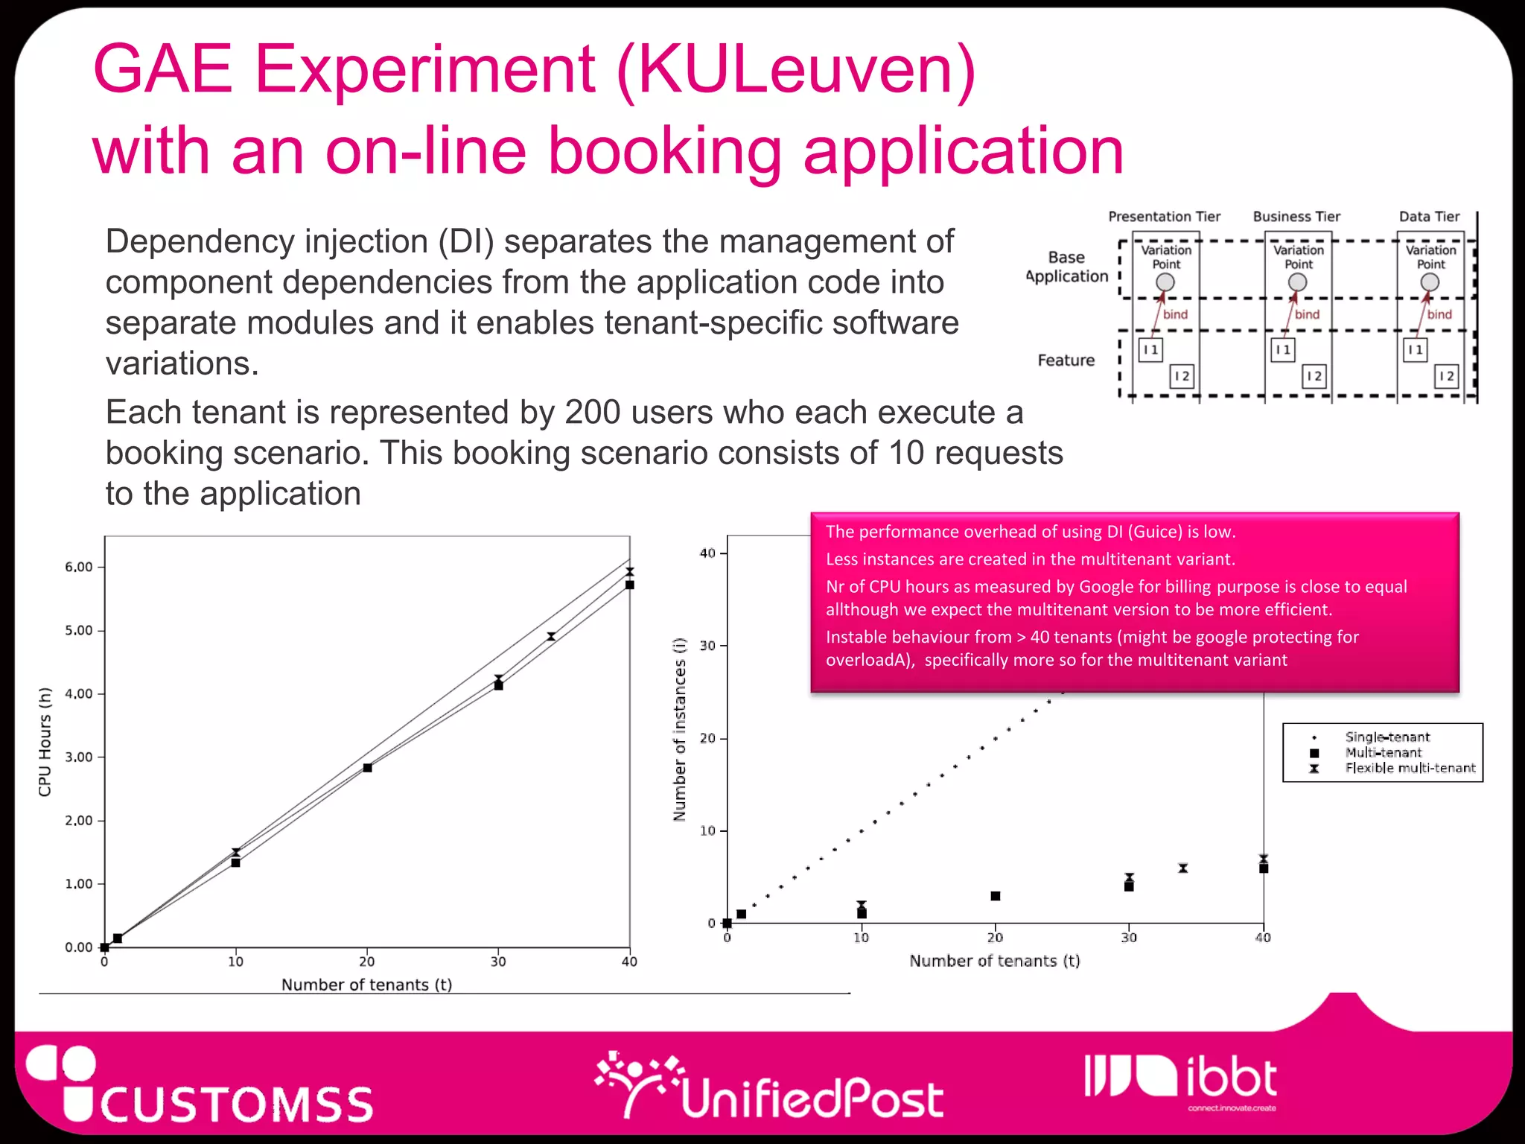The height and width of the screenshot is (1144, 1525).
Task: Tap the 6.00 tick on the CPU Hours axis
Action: (79, 567)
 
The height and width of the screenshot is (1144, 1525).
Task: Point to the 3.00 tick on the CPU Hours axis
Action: (79, 757)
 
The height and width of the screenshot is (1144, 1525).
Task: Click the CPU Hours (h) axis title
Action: (45, 742)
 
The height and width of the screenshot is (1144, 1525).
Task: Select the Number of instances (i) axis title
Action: (679, 730)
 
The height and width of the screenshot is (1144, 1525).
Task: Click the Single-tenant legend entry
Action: (1386, 737)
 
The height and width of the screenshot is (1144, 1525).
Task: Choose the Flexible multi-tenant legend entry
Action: (1410, 768)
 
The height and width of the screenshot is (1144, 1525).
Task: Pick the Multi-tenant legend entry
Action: (1383, 752)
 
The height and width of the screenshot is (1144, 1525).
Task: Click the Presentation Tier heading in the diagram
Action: (1164, 217)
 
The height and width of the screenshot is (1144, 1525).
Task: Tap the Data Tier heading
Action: (1429, 217)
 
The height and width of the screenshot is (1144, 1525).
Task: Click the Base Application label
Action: (1067, 267)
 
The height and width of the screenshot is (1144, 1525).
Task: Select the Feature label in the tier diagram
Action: (1066, 360)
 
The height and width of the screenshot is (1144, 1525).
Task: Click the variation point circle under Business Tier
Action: (1297, 282)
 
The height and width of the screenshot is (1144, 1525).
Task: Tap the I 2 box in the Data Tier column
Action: (1446, 376)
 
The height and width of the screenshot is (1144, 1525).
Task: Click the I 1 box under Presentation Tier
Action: (1150, 349)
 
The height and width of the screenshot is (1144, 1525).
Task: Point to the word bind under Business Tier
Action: (1307, 314)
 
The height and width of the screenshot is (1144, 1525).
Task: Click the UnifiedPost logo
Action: (770, 1088)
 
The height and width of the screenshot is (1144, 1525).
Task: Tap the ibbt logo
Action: (1181, 1079)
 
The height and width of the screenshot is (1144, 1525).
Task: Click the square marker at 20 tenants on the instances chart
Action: (996, 896)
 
